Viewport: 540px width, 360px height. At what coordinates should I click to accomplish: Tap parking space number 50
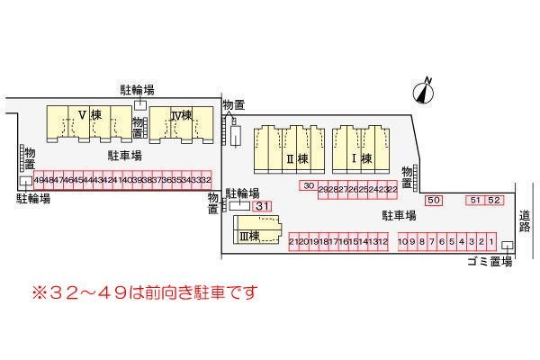click(x=435, y=200)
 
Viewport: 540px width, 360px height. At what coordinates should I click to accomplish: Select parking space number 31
click(x=262, y=207)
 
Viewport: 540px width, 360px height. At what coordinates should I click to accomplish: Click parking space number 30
click(x=308, y=186)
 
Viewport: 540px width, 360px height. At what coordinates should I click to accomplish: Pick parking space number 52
click(x=493, y=200)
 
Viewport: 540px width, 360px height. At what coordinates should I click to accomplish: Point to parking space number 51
click(x=475, y=200)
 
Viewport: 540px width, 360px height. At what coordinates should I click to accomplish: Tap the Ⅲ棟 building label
click(x=249, y=236)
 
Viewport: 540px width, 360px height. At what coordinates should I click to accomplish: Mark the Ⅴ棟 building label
click(x=88, y=115)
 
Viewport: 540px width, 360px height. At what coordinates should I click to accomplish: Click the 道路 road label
click(x=525, y=221)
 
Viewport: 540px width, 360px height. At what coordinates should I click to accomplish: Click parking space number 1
click(x=492, y=241)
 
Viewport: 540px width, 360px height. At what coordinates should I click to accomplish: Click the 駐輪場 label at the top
click(x=137, y=89)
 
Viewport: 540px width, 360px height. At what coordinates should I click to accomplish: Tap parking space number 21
click(x=294, y=241)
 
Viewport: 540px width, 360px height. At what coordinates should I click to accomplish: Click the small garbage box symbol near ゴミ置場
click(x=507, y=247)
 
